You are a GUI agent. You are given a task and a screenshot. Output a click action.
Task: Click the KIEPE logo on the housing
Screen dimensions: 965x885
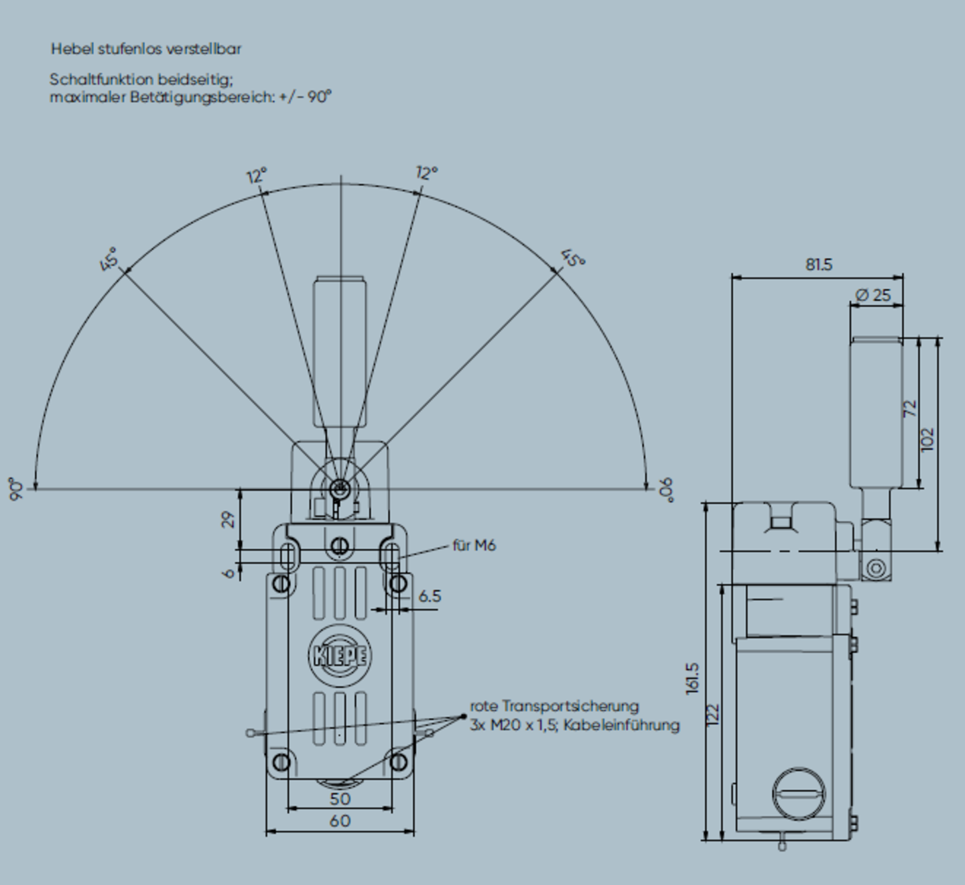pyautogui.click(x=340, y=655)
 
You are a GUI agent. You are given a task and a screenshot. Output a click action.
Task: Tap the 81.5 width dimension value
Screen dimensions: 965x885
pyautogui.click(x=819, y=264)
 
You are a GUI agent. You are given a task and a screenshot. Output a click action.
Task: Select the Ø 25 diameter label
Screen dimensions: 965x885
pyautogui.click(x=874, y=295)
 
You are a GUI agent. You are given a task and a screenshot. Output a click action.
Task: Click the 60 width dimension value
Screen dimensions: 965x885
pyautogui.click(x=340, y=821)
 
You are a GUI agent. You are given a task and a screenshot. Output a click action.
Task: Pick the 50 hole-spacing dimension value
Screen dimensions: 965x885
pyautogui.click(x=340, y=799)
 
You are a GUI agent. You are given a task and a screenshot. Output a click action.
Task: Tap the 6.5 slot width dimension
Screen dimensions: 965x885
pyautogui.click(x=430, y=596)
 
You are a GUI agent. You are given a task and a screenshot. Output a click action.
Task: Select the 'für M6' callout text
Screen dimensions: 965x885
pyautogui.click(x=474, y=546)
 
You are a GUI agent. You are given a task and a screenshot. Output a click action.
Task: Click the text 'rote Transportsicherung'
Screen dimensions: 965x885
pyautogui.click(x=554, y=707)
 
